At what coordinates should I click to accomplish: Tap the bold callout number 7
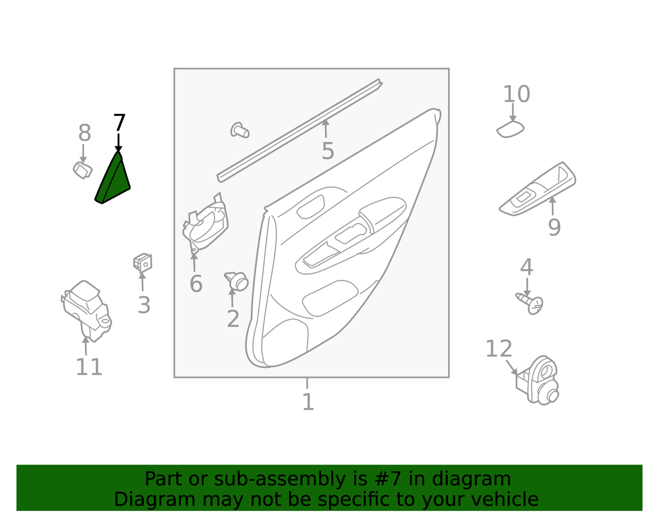coord(119,123)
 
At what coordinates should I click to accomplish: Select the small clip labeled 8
coord(82,170)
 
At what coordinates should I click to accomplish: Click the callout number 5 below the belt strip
coord(327,151)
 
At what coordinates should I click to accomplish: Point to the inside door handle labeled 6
coord(205,225)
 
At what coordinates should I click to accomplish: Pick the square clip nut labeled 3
coord(143,262)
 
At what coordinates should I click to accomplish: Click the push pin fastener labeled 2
coord(237,281)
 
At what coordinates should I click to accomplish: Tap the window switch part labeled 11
coord(86,311)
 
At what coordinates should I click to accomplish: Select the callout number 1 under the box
coord(308,402)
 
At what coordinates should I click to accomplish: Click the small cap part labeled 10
coord(510,129)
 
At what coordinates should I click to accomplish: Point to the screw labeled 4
coord(529,303)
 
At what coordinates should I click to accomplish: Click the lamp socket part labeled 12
coord(538,380)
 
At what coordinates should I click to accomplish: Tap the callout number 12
coord(499,348)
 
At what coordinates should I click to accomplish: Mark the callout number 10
coord(516,94)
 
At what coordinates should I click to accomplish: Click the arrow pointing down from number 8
coord(83,153)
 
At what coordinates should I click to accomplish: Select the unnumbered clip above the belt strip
coord(239,130)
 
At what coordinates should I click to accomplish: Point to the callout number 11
coord(89,367)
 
